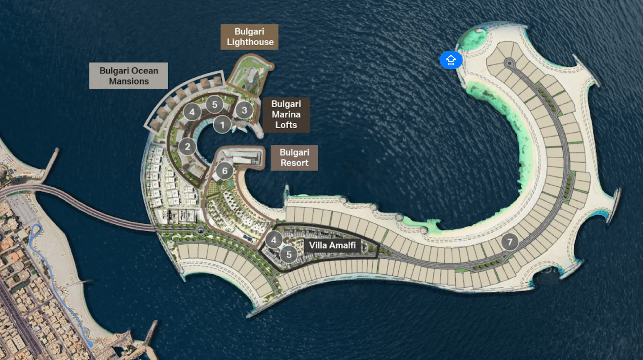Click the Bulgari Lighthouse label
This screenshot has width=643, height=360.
point(249,37)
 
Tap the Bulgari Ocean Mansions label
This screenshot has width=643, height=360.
point(128,76)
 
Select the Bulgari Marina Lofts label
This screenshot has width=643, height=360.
point(286,115)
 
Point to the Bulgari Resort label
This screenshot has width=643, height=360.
point(294,157)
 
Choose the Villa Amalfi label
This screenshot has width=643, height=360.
point(332,245)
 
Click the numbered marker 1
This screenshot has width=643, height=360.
point(222,125)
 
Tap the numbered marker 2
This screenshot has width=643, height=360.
point(187,146)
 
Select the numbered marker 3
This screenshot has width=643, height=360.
point(244,110)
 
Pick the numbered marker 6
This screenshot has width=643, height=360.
point(225,171)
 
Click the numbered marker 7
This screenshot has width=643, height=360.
point(510,242)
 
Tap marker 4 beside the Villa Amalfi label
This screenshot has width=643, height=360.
point(274,240)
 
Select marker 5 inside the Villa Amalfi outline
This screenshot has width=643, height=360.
point(289,255)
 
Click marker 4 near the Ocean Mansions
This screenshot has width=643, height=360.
point(192,112)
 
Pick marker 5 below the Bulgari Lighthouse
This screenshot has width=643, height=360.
point(214,104)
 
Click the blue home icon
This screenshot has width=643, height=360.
point(451,60)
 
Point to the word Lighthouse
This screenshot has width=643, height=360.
point(250,42)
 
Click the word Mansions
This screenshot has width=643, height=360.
point(129,81)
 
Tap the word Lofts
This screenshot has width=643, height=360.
point(286,125)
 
